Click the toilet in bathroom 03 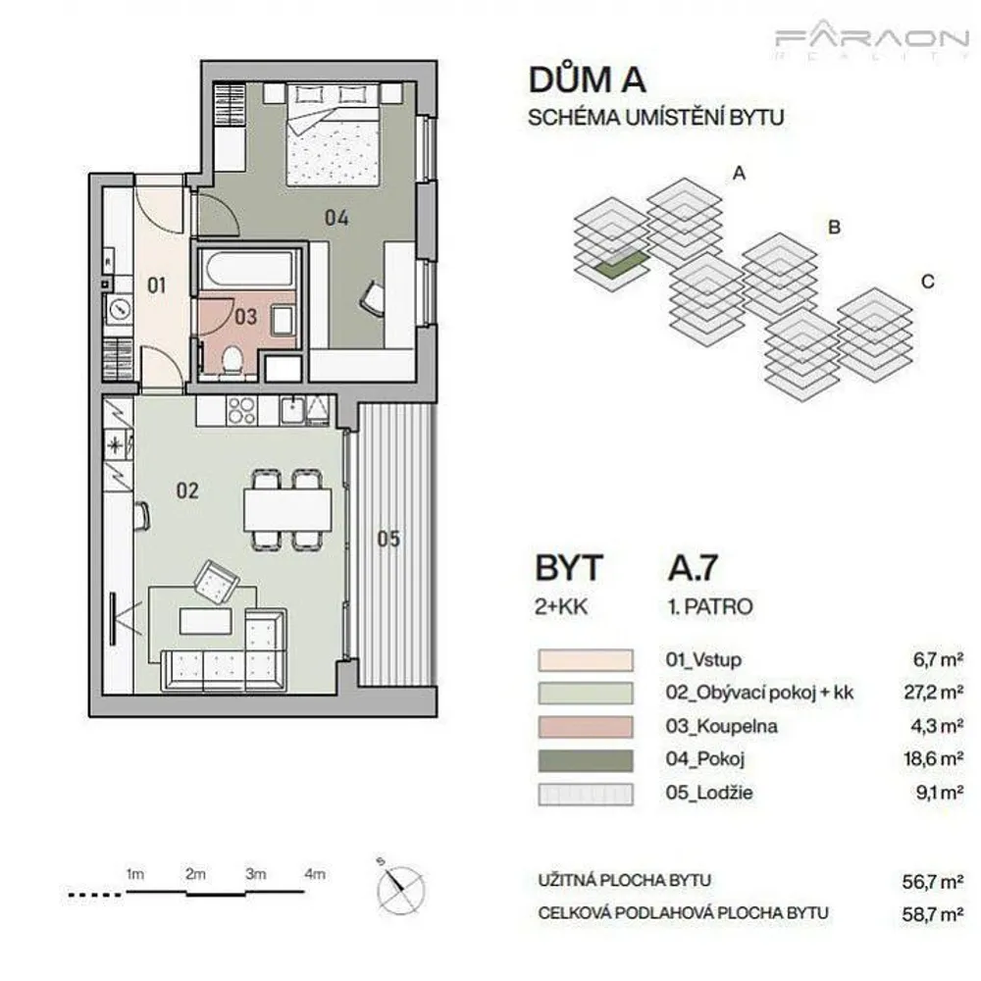coord(232,361)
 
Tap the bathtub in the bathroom coord(249,271)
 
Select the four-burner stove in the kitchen coord(241,411)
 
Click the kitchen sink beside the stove coord(292,410)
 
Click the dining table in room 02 coord(287,509)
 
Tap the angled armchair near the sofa coord(217,582)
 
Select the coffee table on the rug coord(206,621)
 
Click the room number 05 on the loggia coord(387,539)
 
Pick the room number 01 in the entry coord(156,285)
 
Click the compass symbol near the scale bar coord(400,887)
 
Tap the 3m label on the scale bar coord(255,873)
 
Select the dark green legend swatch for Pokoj coord(586,760)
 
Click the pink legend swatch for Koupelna coord(586,727)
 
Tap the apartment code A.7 coord(693,567)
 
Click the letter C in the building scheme coord(928,282)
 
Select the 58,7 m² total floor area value coord(933,914)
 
